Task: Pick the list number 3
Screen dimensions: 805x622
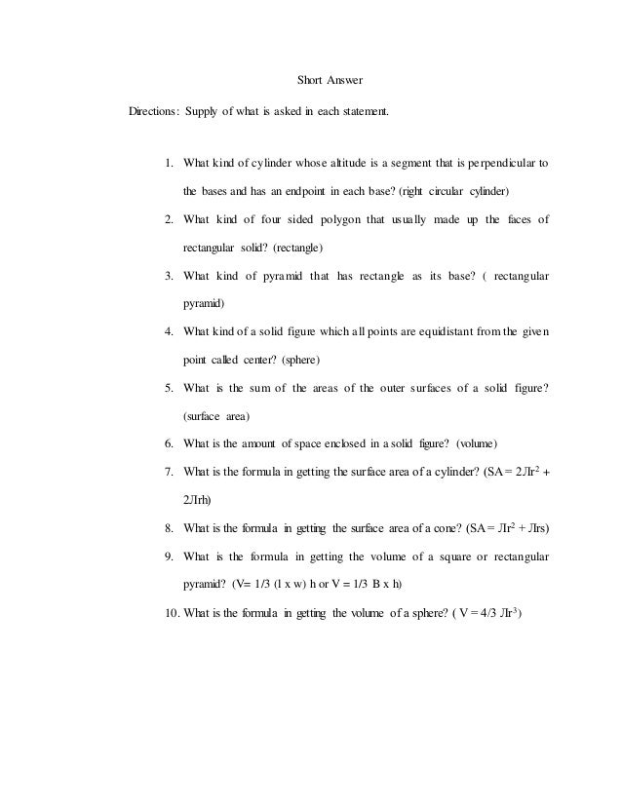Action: (169, 277)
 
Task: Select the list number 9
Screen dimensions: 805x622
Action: (169, 557)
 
